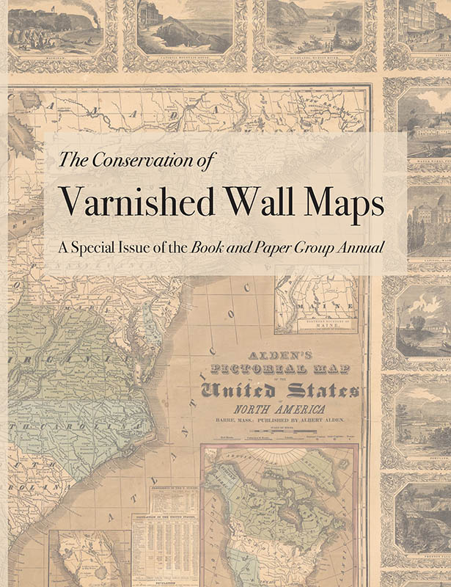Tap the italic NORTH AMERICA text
[284, 409]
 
